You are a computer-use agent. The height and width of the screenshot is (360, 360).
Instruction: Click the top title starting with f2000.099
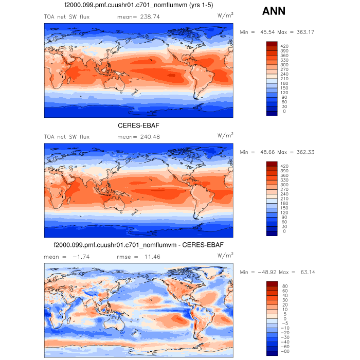tap(138, 6)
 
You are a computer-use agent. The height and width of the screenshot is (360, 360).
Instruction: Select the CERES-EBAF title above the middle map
tap(138, 125)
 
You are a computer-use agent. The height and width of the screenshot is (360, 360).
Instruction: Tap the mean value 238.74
tap(135, 17)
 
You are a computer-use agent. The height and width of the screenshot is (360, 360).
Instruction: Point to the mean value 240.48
tap(135, 137)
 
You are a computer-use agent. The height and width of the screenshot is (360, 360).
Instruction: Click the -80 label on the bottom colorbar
tap(284, 352)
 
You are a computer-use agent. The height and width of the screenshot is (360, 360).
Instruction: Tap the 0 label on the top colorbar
tap(284, 111)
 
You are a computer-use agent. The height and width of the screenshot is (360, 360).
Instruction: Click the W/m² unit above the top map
tap(225, 16)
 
